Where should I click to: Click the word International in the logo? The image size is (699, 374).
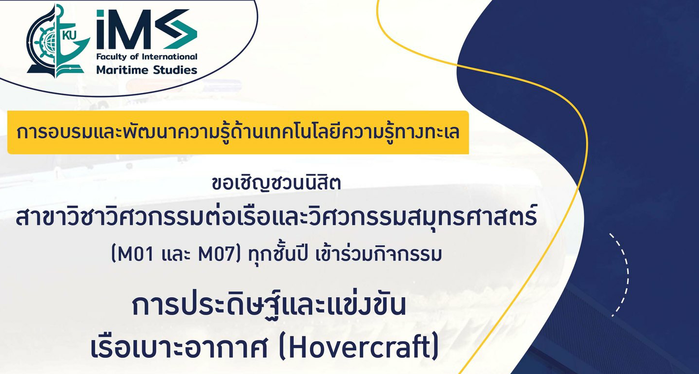[170, 57]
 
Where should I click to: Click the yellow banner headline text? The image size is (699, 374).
[238, 132]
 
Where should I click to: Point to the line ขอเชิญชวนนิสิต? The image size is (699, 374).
[276, 183]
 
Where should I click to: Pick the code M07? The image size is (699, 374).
[216, 255]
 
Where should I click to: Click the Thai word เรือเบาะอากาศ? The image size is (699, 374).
[179, 348]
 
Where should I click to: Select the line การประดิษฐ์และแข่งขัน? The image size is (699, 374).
[269, 305]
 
